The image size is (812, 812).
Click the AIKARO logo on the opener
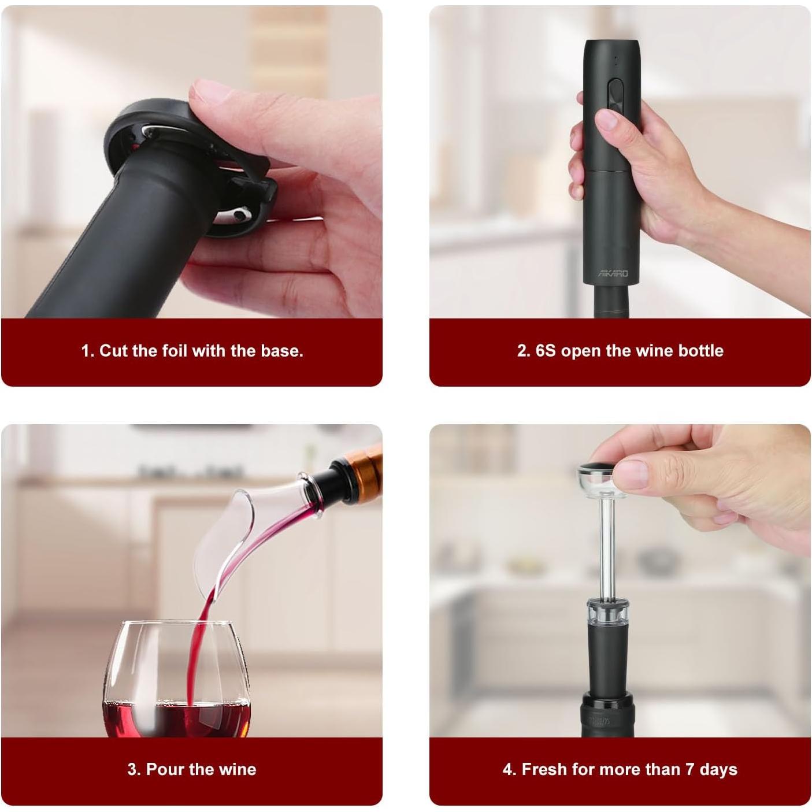coord(613,273)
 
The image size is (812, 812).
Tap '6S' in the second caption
coord(545,351)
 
